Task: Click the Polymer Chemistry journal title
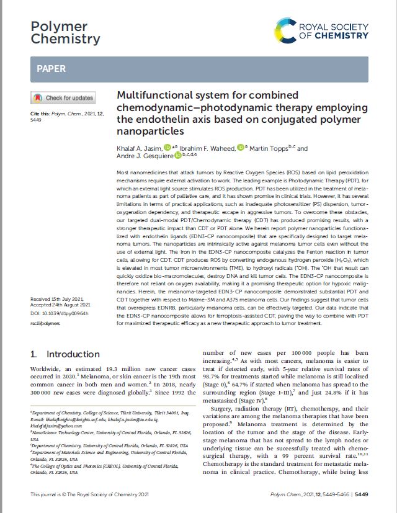coord(65,32)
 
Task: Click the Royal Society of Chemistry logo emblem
coord(286,30)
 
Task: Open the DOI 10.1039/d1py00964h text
coord(60,314)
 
